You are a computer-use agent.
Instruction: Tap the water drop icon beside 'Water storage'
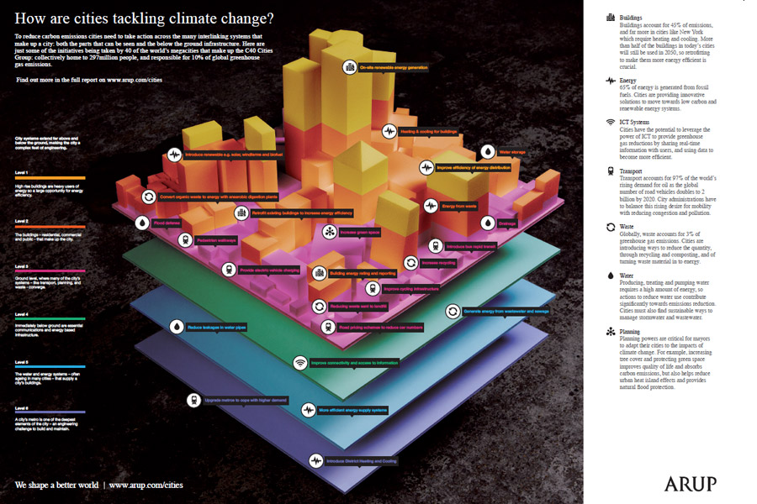point(487,152)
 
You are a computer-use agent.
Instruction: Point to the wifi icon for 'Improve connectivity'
point(299,363)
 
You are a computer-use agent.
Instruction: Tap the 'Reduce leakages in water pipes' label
point(220,327)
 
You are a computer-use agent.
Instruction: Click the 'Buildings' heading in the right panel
point(633,18)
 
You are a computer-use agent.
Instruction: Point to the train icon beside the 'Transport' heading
point(610,171)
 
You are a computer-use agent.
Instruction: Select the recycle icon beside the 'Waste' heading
point(610,227)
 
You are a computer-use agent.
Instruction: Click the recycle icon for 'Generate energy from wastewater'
point(452,311)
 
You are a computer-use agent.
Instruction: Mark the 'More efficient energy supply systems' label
point(352,411)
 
